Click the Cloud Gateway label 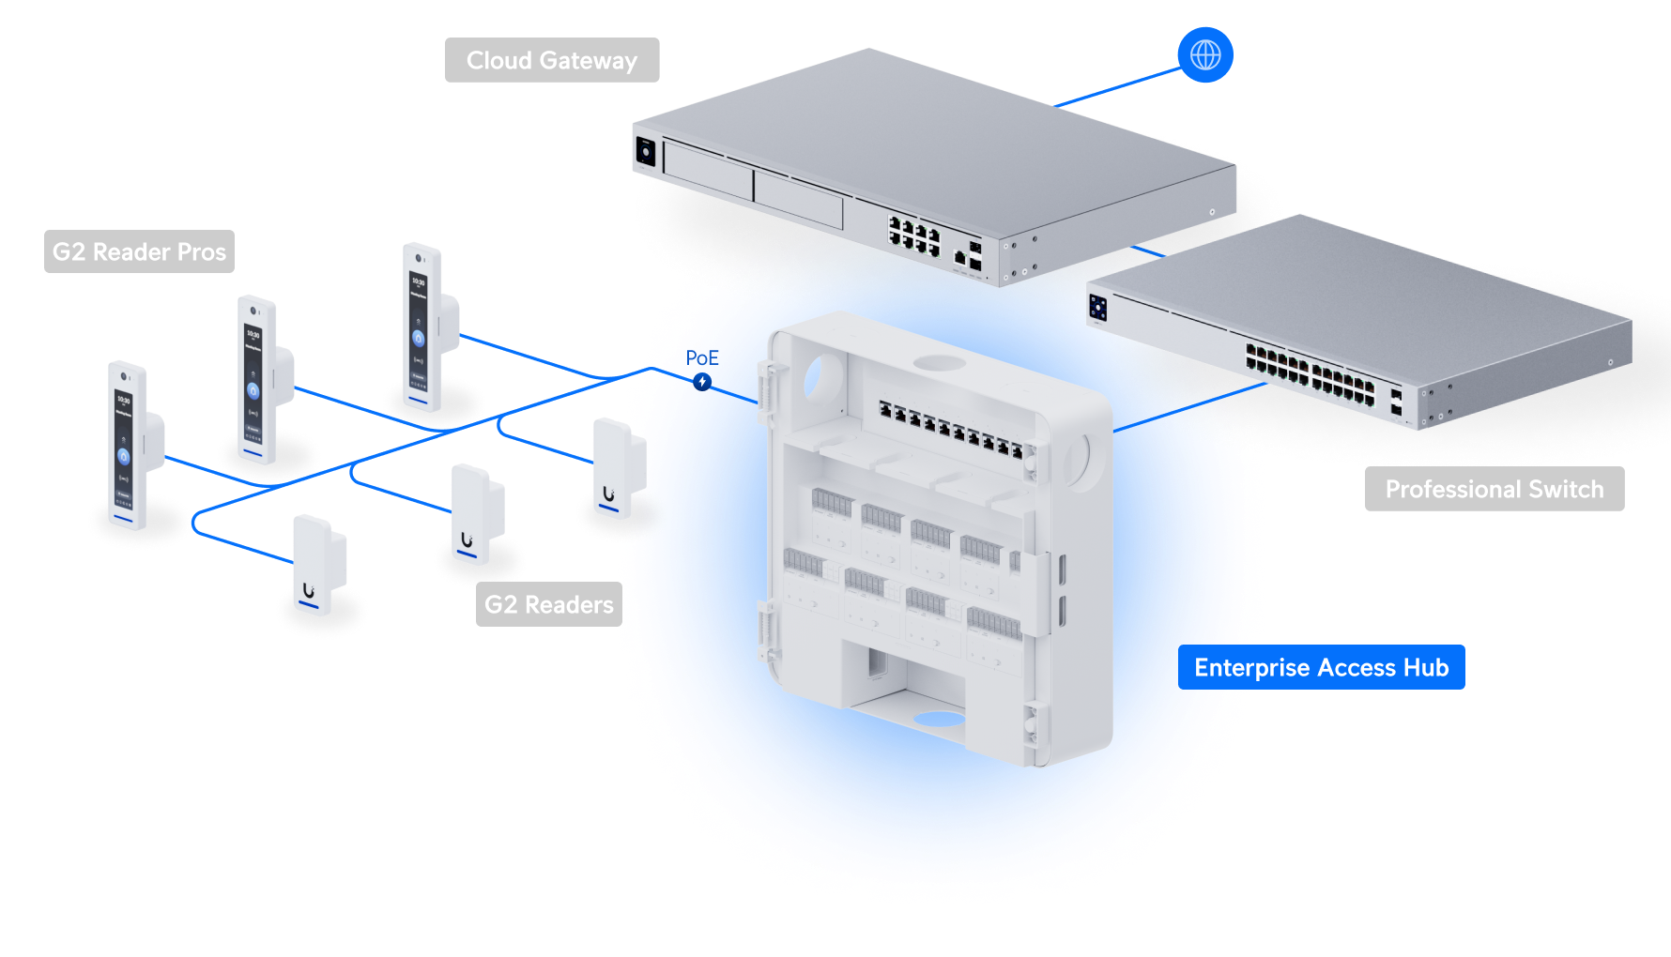point(552,60)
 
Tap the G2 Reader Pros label point(139,251)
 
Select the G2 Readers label point(548,604)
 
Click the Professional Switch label point(1494,489)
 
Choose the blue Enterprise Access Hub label point(1321,667)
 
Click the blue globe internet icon point(1205,54)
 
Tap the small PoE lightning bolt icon point(702,382)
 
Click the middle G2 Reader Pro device point(256,379)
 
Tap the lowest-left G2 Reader point(317,564)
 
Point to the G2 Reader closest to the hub point(617,468)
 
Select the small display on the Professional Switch point(1097,307)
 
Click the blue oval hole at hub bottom point(939,720)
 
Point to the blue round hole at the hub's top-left point(812,376)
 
